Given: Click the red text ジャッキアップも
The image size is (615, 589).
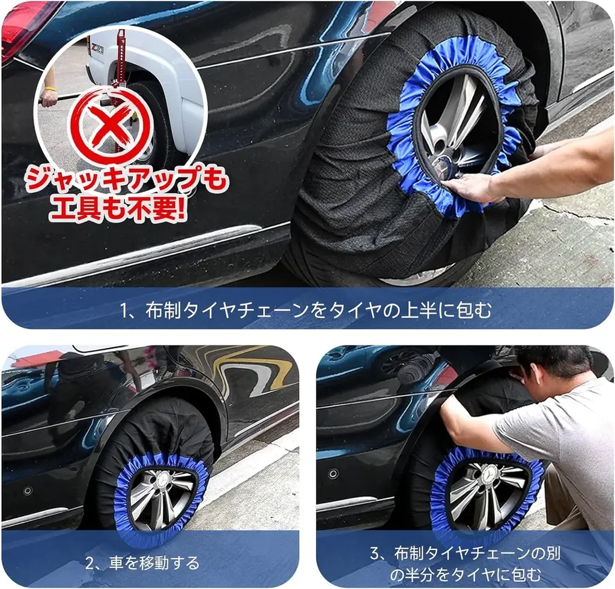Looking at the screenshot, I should (127, 180).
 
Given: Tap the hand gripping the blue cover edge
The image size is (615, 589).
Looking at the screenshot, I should (474, 187).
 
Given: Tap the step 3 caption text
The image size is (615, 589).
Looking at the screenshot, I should (465, 563).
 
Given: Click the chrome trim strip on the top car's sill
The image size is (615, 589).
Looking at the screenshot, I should (138, 252).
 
